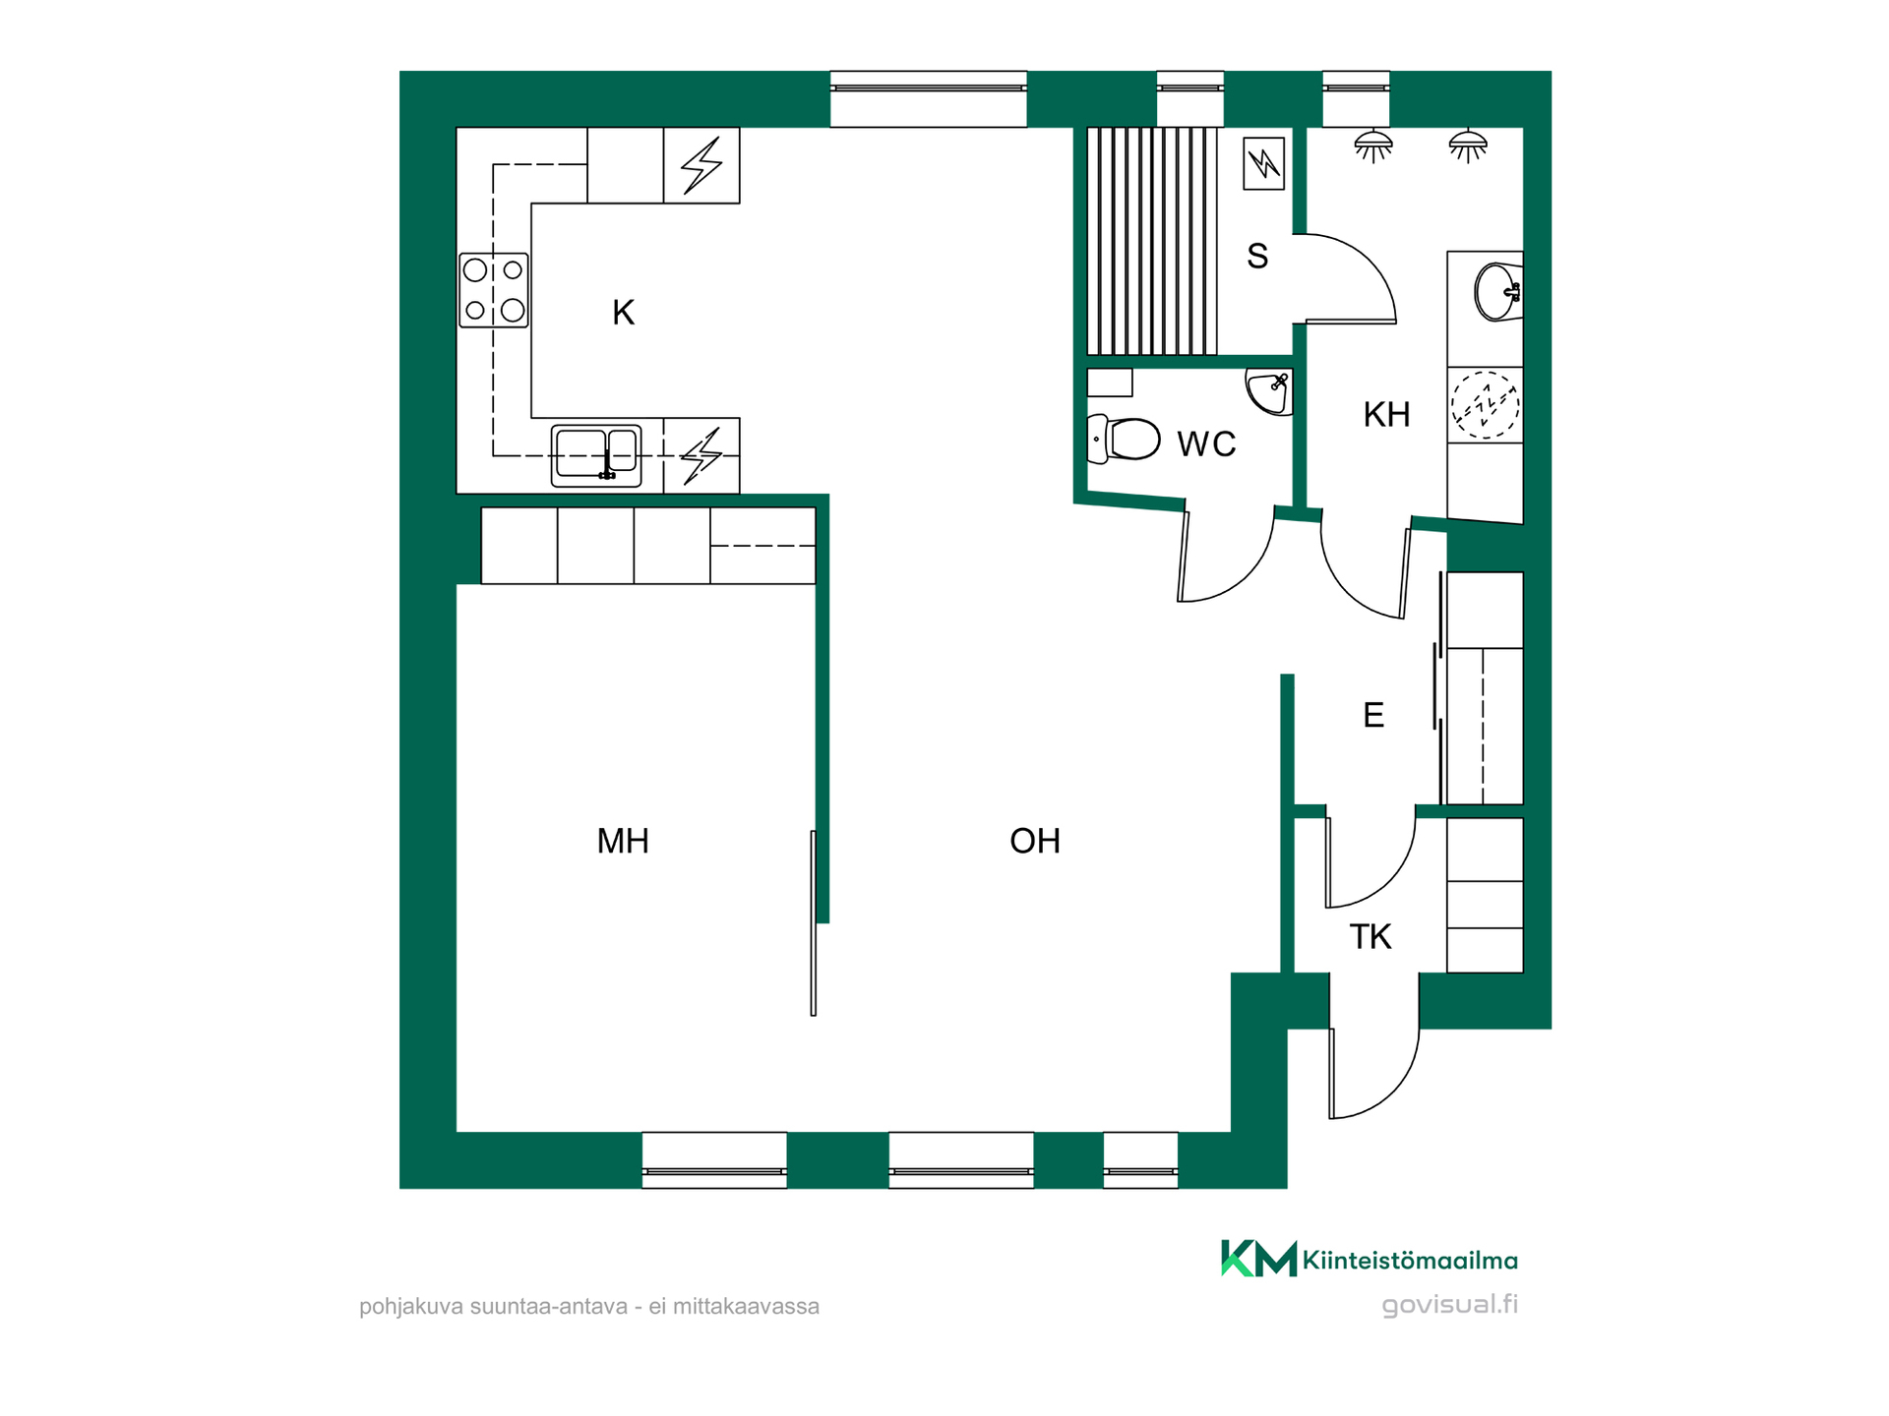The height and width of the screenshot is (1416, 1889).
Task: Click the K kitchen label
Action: point(623,313)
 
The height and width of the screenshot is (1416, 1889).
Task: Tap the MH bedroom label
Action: point(623,841)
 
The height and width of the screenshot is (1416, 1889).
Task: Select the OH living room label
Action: point(1035,841)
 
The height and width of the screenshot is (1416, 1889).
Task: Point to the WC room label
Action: point(1206,444)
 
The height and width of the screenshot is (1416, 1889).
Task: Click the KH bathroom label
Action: point(1386,415)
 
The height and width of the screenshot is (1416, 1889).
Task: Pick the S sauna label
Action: point(1257,257)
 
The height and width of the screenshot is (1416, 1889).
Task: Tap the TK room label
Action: point(1371,937)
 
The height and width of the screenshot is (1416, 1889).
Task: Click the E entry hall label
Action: point(1373,715)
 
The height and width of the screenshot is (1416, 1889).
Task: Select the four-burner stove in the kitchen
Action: point(494,290)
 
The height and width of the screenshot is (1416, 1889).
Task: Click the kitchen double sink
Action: point(596,455)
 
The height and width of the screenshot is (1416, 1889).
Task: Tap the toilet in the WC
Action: point(1124,440)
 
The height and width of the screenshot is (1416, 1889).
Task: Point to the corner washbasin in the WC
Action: point(1269,392)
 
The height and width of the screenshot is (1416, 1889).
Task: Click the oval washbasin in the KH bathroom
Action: point(1497,292)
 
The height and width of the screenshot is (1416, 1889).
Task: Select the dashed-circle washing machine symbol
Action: point(1485,404)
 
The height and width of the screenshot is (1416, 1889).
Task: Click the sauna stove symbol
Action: point(1263,163)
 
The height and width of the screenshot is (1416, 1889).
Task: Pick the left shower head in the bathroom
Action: point(1372,146)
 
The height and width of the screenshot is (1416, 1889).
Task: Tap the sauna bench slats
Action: point(1152,241)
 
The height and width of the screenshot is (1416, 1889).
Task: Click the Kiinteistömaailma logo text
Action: point(1409,1261)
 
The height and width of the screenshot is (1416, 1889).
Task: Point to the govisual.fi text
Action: point(1449,1305)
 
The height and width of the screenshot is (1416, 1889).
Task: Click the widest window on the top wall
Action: point(929,98)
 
